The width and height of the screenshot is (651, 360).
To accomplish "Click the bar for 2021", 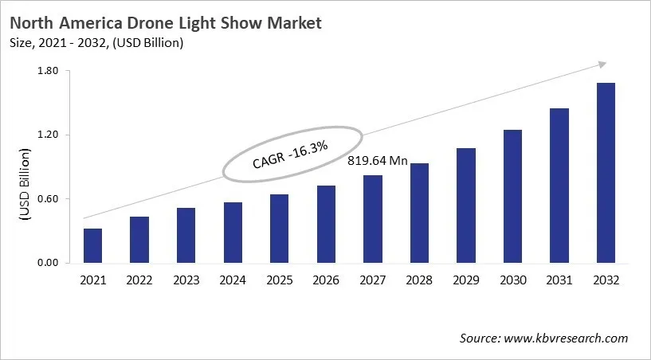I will (93, 246).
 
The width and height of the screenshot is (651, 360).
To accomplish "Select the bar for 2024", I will (233, 233).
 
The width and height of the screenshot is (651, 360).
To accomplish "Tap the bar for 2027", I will (373, 219).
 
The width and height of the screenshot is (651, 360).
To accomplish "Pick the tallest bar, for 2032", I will (606, 173).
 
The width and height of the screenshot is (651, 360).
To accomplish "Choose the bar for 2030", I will (512, 196).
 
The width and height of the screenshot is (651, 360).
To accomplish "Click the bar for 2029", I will (466, 205).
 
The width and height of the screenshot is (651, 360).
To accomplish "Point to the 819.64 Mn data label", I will (378, 161).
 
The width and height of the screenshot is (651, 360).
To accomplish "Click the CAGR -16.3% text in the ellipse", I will (291, 152).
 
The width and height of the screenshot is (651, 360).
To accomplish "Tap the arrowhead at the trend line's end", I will (602, 65).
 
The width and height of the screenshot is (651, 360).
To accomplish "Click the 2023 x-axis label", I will (186, 280).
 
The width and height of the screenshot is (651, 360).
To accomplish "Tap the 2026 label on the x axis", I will (326, 280).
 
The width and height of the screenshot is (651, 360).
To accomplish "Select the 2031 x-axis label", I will (559, 280).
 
